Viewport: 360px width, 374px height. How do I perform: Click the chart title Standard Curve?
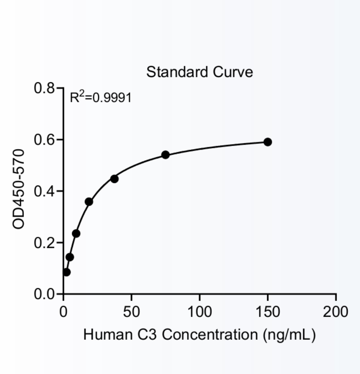tap(199, 72)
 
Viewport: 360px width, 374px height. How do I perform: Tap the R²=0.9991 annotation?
tap(101, 98)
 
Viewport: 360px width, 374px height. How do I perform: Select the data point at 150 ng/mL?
tap(268, 142)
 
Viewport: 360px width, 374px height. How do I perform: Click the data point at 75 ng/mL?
tap(166, 155)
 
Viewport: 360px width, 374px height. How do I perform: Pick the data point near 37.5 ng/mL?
tap(114, 179)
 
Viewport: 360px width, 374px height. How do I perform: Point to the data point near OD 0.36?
tap(89, 202)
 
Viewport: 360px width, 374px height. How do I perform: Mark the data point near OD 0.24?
tap(76, 234)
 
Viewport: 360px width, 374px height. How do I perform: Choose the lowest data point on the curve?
tap(67, 272)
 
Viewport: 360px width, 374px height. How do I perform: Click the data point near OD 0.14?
tap(70, 257)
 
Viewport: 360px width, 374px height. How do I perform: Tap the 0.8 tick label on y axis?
tap(44, 89)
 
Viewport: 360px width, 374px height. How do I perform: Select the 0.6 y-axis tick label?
tap(44, 140)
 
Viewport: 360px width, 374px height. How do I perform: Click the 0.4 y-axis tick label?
tap(44, 191)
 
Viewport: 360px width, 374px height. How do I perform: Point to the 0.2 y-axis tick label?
tap(44, 243)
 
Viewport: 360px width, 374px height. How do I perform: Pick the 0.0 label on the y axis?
tap(44, 294)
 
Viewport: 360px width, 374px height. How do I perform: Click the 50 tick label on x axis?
tap(131, 312)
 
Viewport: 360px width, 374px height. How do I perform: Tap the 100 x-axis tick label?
tap(199, 312)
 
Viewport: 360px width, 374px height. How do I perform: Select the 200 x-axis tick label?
tap(335, 312)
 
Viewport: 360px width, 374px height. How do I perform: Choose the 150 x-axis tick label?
tap(267, 312)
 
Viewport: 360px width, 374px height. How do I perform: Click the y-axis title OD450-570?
tap(19, 189)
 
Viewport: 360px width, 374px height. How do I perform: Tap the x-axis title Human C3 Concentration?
tap(199, 335)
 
